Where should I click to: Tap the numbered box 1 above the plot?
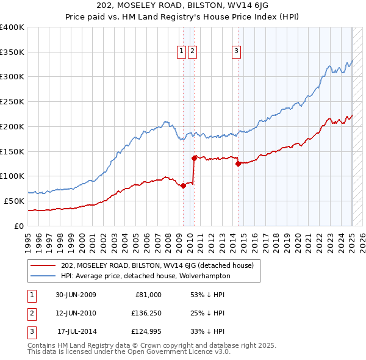point(182,52)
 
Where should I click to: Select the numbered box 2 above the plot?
point(192,52)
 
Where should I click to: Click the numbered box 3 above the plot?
point(236,52)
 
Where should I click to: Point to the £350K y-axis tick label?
point(12,52)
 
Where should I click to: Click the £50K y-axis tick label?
point(15,201)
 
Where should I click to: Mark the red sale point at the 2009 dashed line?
point(183,186)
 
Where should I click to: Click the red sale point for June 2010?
point(194,158)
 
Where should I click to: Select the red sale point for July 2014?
point(238,164)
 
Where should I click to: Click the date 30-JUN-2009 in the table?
point(76,295)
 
